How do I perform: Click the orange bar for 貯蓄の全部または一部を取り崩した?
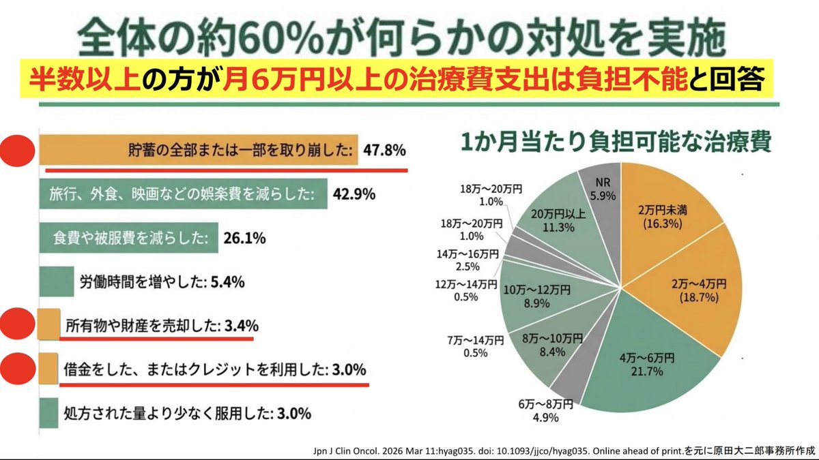(198, 150)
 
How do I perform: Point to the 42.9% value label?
(354, 194)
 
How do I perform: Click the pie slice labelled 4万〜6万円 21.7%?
(655, 361)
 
